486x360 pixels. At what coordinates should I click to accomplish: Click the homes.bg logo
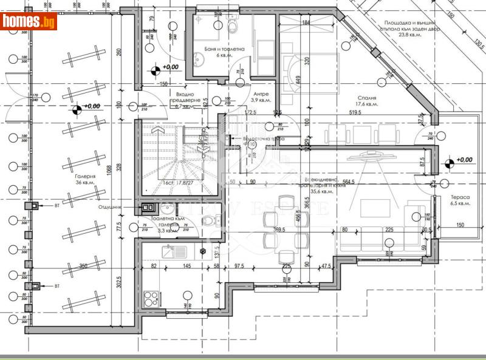pyautogui.click(x=29, y=21)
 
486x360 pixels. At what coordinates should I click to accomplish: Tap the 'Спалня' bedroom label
pyautogui.click(x=367, y=97)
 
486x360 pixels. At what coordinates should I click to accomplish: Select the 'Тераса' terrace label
pyautogui.click(x=460, y=197)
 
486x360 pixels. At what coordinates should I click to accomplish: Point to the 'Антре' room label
pyautogui.click(x=261, y=93)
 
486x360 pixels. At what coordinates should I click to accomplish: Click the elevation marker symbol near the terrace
pyautogui.click(x=448, y=162)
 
